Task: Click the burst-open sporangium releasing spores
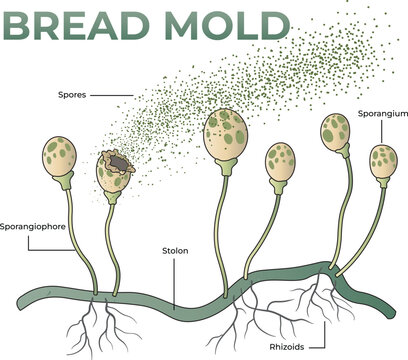(116, 171)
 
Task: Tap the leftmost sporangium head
(60, 157)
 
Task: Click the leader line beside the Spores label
(114, 95)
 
